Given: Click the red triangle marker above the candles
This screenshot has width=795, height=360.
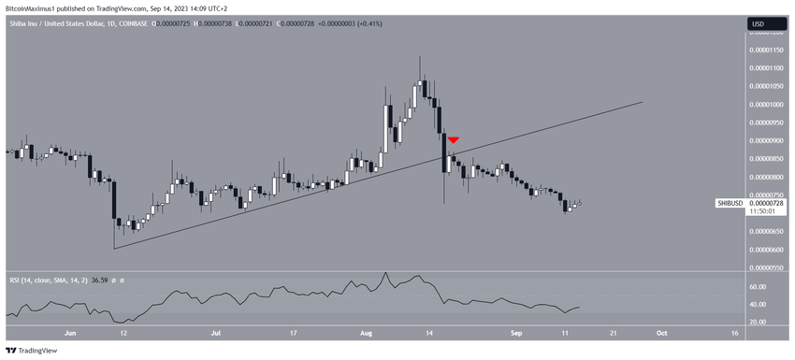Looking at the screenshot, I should click(453, 140).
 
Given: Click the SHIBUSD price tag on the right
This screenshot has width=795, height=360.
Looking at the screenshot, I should click(730, 203).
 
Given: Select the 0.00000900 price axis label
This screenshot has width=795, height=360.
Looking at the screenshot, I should click(766, 140).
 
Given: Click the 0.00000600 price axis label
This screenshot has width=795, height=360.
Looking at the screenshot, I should click(766, 250).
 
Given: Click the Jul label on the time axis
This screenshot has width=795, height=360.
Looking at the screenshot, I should click(216, 332).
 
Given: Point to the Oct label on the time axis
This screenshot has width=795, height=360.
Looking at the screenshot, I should click(660, 332).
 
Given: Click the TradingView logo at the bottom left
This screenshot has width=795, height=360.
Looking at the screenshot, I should click(32, 351).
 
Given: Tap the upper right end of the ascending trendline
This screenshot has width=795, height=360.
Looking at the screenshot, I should click(643, 102).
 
